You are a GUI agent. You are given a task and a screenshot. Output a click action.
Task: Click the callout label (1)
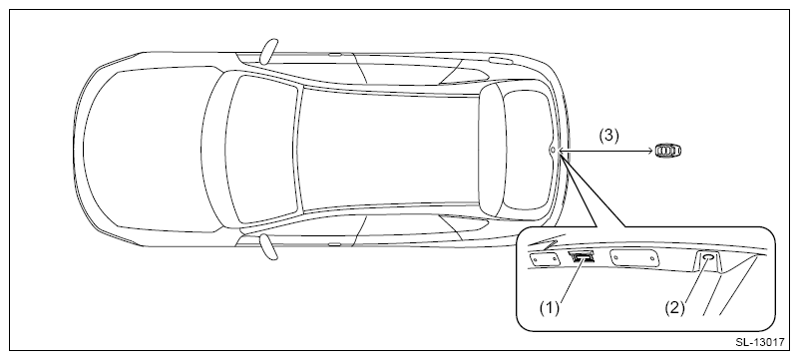point(550,308)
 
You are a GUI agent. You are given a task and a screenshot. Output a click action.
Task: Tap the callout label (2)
point(674,308)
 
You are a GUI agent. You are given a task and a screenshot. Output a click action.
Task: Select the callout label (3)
point(608,136)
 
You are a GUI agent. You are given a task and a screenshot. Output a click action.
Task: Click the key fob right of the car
point(668,151)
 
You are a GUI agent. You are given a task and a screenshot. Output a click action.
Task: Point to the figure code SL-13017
point(759,342)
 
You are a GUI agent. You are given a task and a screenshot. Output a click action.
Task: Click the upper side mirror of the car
point(268,51)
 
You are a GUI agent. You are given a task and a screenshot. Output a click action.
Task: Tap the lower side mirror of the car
point(268,247)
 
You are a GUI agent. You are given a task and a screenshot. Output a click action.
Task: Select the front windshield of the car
point(262,150)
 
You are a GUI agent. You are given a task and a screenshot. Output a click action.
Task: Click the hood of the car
point(148,150)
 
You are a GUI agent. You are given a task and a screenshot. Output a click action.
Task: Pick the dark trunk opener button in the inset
point(582,256)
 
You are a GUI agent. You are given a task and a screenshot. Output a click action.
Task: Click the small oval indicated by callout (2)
point(708,257)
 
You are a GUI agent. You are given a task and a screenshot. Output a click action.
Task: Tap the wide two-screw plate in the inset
point(634,258)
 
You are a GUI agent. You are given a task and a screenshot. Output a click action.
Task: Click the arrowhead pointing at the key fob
point(649,151)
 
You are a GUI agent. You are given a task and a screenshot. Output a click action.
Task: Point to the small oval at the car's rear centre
point(553,150)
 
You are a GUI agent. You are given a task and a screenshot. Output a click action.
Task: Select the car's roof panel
point(390,150)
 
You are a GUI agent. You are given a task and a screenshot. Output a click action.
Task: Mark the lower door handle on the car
point(334,245)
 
